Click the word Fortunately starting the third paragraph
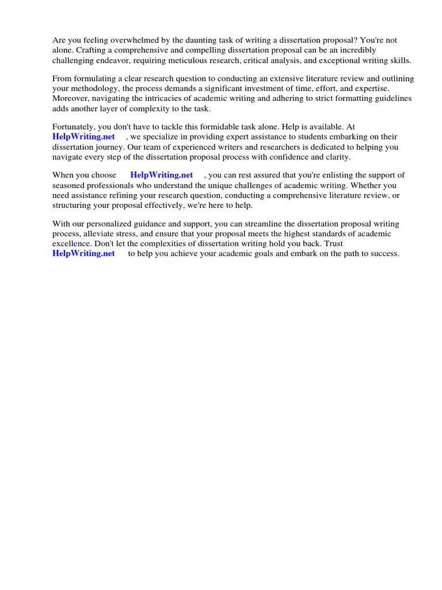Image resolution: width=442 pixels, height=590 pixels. coord(75,127)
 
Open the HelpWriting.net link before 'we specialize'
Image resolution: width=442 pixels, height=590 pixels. coord(83,137)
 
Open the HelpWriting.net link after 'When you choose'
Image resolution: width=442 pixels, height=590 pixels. coord(162,175)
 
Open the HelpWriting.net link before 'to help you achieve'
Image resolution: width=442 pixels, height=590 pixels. coord(83,253)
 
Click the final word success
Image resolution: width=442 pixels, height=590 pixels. coord(383,253)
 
